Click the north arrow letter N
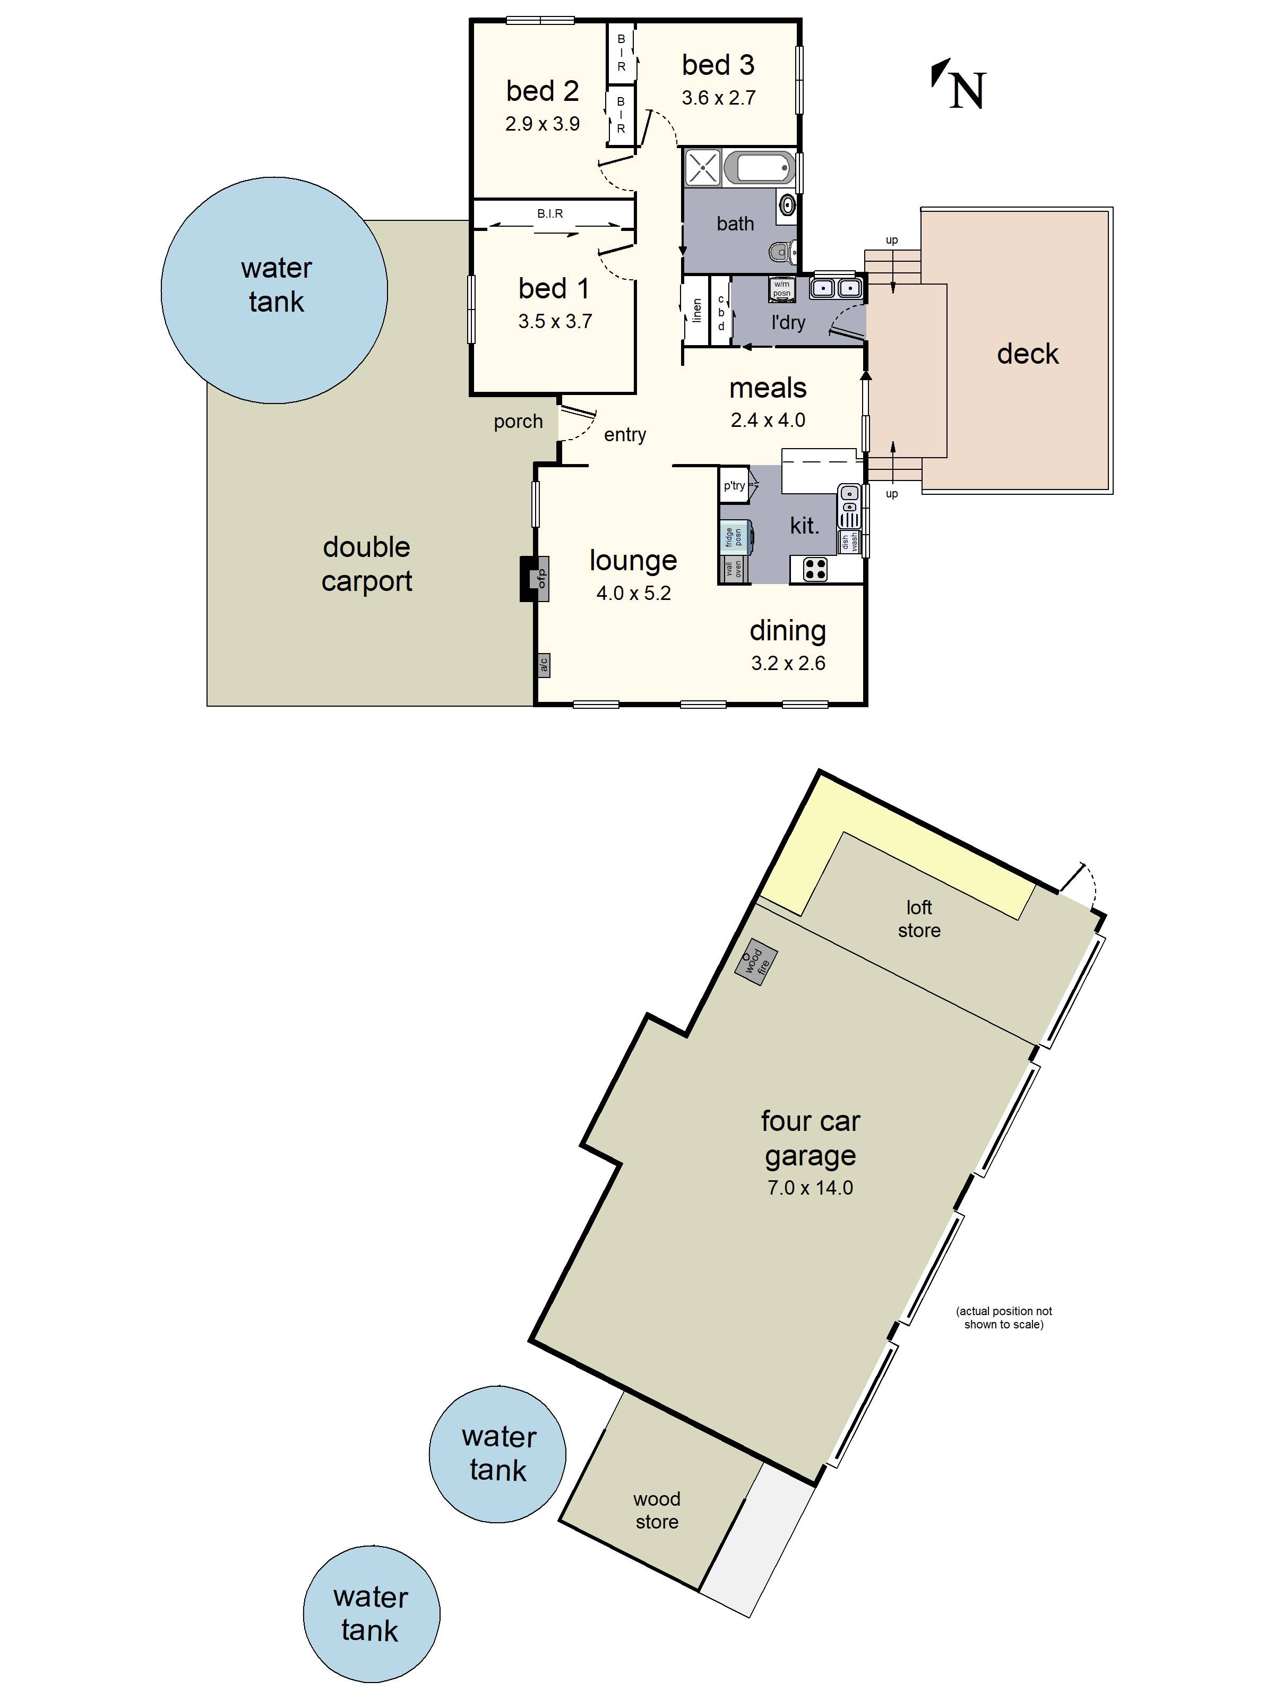(x=967, y=91)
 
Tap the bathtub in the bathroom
(x=760, y=167)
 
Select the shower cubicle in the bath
(x=702, y=167)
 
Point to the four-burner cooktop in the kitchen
(x=815, y=569)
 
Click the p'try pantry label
(x=734, y=485)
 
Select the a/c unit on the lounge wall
(x=543, y=664)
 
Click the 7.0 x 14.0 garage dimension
(x=810, y=1188)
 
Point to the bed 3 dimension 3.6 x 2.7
(x=718, y=98)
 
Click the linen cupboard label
(x=696, y=310)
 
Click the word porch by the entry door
(x=518, y=421)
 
